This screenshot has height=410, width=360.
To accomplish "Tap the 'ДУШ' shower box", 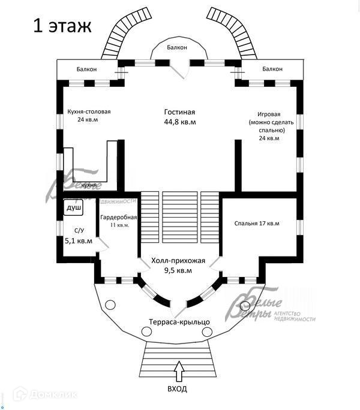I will pyautogui.click(x=74, y=208).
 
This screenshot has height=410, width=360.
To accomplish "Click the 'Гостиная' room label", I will pyautogui.click(x=180, y=111).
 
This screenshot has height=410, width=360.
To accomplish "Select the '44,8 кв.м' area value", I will pyautogui.click(x=180, y=122).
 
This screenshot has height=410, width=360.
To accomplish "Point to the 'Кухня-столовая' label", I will pyautogui.click(x=89, y=111).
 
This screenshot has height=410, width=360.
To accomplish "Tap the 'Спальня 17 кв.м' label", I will pyautogui.click(x=257, y=224).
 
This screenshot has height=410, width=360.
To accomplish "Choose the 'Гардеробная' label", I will pyautogui.click(x=119, y=217).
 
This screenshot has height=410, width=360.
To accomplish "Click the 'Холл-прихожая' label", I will pyautogui.click(x=178, y=260).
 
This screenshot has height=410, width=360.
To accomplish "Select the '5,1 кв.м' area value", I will pyautogui.click(x=79, y=242).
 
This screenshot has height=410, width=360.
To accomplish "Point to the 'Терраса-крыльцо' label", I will pyautogui.click(x=179, y=322).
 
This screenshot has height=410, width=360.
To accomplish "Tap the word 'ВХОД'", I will pyautogui.click(x=177, y=389).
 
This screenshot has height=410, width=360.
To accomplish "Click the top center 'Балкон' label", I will pyautogui.click(x=178, y=47).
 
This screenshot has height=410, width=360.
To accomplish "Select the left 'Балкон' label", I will pyautogui.click(x=88, y=70).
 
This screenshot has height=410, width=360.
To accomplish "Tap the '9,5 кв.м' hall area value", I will pyautogui.click(x=178, y=270).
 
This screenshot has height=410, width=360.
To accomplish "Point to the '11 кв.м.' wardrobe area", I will pyautogui.click(x=119, y=225).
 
